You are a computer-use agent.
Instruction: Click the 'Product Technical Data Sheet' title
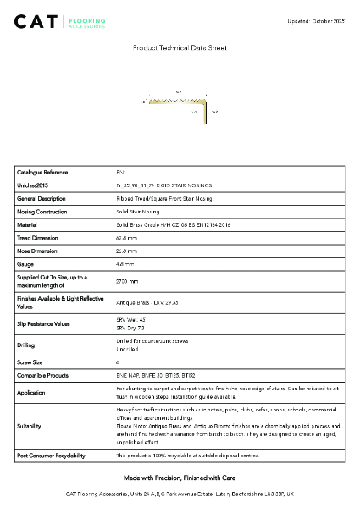click(x=180, y=49)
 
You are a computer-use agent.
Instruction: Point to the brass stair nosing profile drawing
click(x=179, y=103)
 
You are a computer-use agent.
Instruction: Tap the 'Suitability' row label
click(x=30, y=428)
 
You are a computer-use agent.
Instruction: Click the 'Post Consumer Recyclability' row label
click(x=51, y=456)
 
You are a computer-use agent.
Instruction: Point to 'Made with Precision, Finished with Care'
click(x=180, y=478)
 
